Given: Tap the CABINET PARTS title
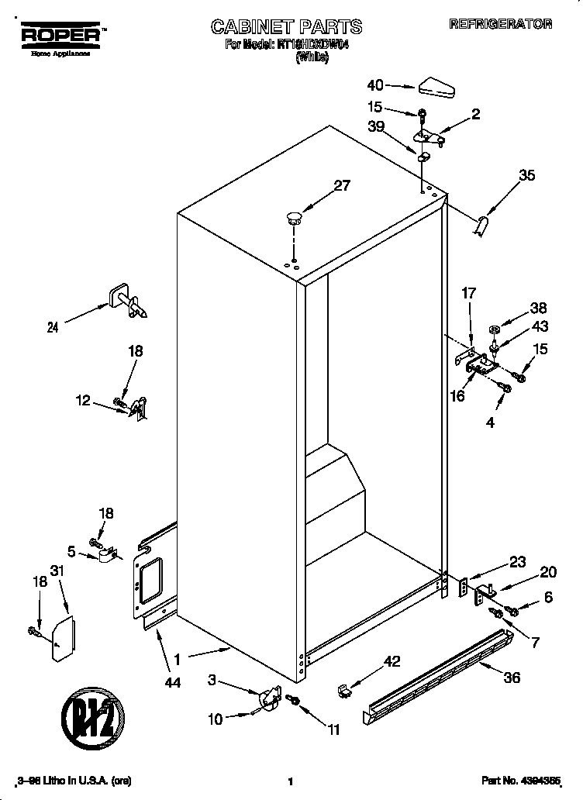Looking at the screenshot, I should (x=286, y=27).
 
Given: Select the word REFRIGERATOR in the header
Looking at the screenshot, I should (x=500, y=24).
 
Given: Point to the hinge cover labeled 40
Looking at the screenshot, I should (x=440, y=88).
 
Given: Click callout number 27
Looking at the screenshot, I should (x=341, y=185).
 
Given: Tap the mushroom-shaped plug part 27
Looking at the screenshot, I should (x=292, y=218).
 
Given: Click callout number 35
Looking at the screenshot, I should (x=526, y=176).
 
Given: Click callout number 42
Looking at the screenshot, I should (x=392, y=661).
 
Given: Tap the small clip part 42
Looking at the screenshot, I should (x=345, y=689).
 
